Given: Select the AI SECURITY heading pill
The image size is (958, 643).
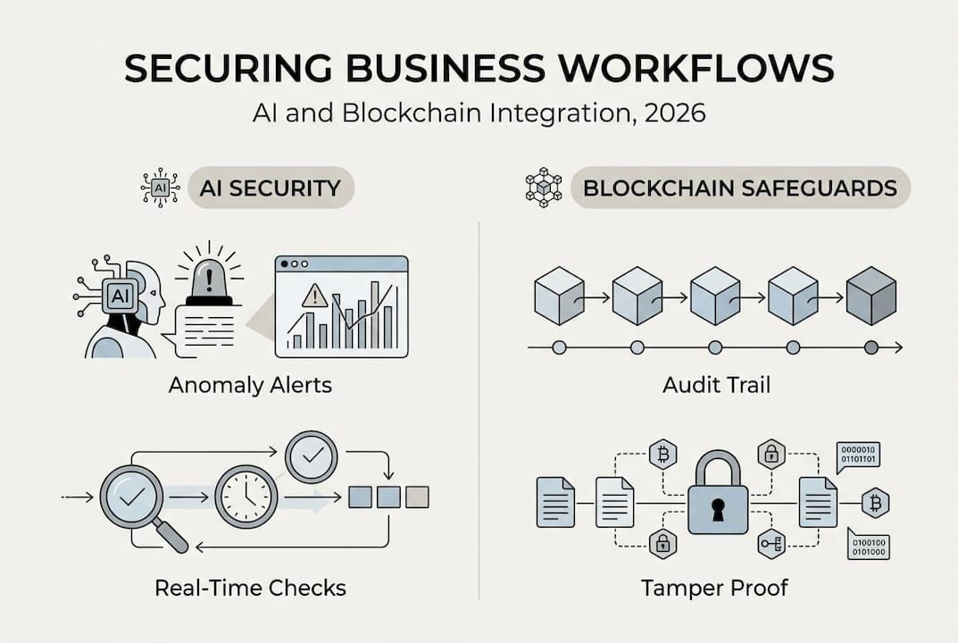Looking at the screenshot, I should click(271, 188).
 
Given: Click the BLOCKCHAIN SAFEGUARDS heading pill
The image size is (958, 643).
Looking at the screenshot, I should click(740, 188).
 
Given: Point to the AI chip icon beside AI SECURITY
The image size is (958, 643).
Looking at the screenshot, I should click(161, 188).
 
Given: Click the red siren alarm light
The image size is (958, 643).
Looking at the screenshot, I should click(209, 275).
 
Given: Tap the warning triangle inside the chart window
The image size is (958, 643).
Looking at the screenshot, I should click(314, 296).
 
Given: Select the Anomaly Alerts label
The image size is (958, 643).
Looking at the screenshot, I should click(250, 386).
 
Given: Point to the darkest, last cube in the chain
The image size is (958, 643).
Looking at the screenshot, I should click(871, 296).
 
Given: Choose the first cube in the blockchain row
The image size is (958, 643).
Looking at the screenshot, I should click(559, 296).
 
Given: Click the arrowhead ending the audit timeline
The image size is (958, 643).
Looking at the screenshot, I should click(898, 347).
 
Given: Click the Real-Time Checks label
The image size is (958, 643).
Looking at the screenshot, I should click(250, 587).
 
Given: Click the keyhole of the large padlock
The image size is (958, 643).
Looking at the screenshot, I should click(718, 510).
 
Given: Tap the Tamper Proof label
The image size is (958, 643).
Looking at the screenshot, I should click(714, 587).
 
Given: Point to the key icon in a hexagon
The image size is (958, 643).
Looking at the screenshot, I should click(771, 544).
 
